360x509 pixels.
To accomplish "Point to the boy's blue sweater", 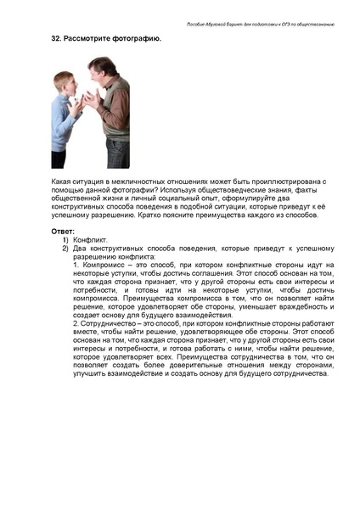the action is pyautogui.click(x=63, y=123).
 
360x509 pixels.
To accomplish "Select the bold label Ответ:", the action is pyautogui.click(x=64, y=232).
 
